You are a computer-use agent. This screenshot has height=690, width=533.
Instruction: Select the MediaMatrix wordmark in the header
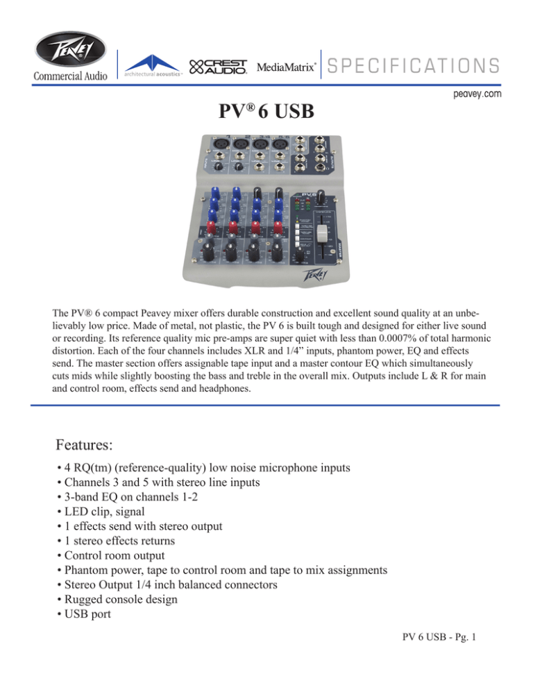pos(287,67)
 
